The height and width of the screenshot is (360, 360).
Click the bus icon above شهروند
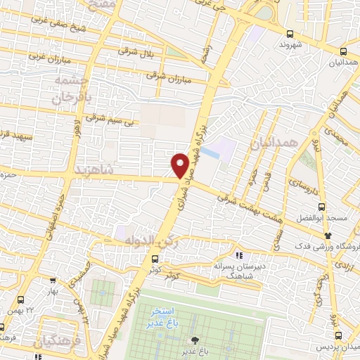[x=290, y=33]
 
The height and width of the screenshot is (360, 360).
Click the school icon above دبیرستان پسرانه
[x=240, y=255]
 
